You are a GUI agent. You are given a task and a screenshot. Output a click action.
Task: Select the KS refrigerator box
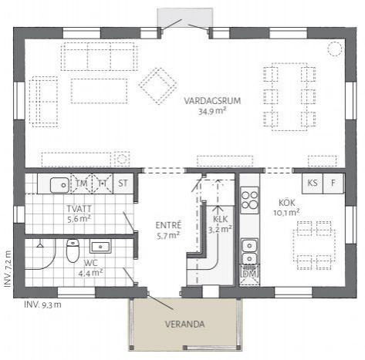point(313,183)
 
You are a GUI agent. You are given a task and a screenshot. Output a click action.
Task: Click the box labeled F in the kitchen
point(333,183)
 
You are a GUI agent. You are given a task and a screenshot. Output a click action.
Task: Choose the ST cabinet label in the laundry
point(123,183)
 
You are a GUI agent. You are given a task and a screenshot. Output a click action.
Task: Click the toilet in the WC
point(73,251)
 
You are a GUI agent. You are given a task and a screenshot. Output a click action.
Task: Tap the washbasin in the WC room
point(100,247)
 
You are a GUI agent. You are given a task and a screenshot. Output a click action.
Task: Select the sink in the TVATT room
point(58,184)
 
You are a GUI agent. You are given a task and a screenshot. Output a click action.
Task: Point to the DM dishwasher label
point(249,274)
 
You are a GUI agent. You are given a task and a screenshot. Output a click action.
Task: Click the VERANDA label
point(185,325)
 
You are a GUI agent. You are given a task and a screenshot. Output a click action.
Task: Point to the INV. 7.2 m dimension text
point(8,269)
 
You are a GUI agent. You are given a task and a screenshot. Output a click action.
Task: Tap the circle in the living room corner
point(334,48)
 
